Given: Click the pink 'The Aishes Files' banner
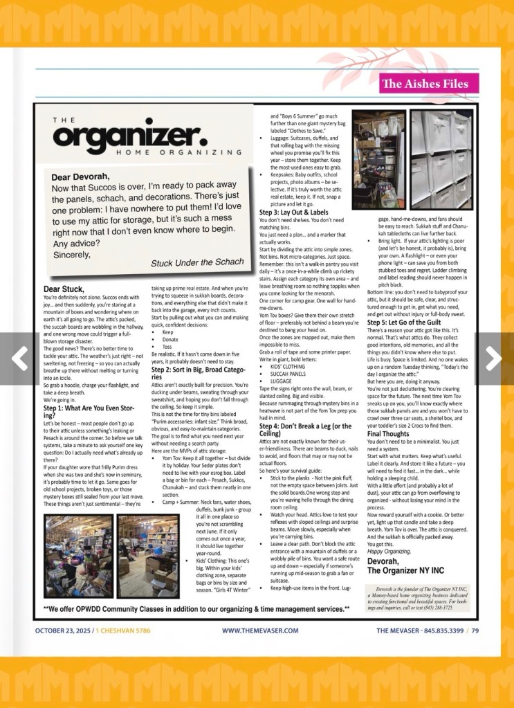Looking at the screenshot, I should pos(425,84).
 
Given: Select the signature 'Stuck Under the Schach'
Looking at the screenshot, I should pos(197,262).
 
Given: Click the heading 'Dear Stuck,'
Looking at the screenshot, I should pos(63,289).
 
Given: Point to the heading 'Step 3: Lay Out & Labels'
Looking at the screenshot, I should pos(293,212).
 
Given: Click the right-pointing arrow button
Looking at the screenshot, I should pos(493,357).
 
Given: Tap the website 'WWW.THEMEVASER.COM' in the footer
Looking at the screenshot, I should pos(260,630).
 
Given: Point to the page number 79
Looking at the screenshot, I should pos(475,630).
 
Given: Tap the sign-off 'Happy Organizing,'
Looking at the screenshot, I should pos(389,551).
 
